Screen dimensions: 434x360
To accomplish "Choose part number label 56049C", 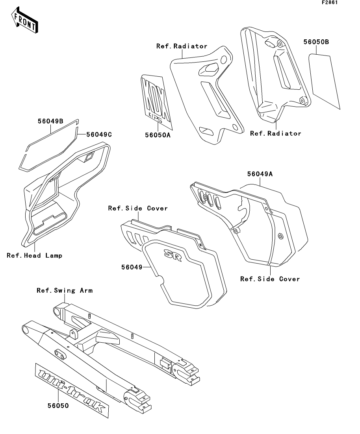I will [x=99, y=134].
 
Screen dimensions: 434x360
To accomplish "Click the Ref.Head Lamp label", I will [x=35, y=255].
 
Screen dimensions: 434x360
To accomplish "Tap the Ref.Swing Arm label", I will [x=65, y=291].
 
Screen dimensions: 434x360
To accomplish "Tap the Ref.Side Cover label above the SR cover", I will [x=138, y=208].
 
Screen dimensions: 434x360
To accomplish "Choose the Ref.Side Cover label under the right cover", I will [x=270, y=279].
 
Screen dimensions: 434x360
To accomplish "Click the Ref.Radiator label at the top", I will [x=182, y=46].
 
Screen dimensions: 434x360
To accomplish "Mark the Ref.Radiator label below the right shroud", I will [x=275, y=133].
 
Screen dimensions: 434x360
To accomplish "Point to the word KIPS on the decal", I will [x=156, y=116].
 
